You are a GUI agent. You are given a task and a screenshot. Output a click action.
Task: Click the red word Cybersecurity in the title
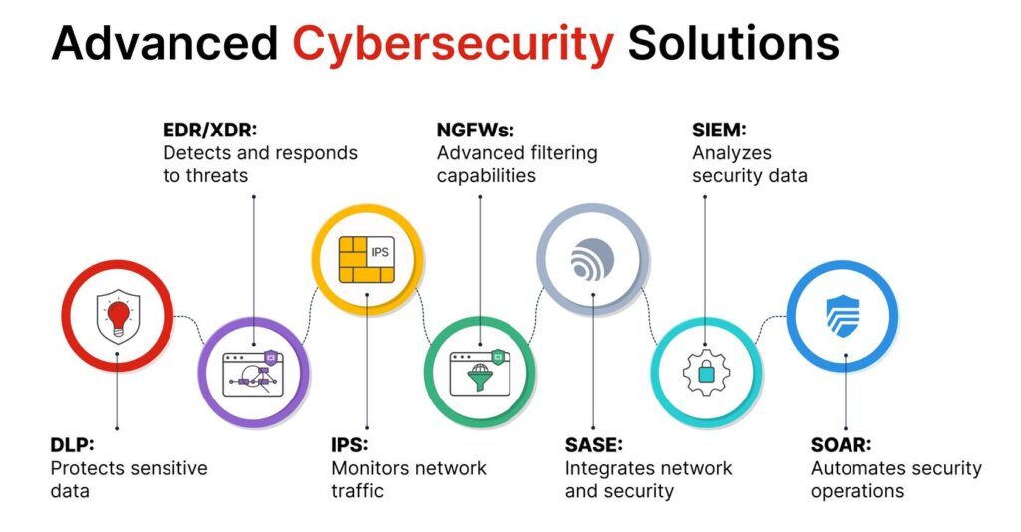click(x=454, y=44)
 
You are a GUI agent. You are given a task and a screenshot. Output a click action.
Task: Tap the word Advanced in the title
click(x=165, y=44)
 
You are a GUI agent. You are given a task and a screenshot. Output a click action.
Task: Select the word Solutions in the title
click(x=733, y=44)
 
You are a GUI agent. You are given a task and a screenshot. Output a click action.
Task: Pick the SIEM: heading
click(x=719, y=130)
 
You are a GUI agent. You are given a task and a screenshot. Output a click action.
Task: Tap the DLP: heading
click(x=72, y=444)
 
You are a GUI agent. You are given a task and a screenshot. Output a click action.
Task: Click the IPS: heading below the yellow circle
click(x=350, y=444)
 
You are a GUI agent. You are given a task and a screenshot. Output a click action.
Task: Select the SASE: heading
click(x=594, y=444)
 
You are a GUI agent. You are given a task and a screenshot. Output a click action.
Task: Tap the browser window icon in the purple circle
click(x=253, y=373)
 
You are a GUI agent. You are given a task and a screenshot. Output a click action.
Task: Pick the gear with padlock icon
click(x=705, y=373)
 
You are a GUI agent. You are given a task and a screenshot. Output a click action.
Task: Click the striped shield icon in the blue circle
click(x=843, y=316)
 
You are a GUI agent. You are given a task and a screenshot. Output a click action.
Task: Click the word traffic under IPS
click(x=357, y=491)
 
